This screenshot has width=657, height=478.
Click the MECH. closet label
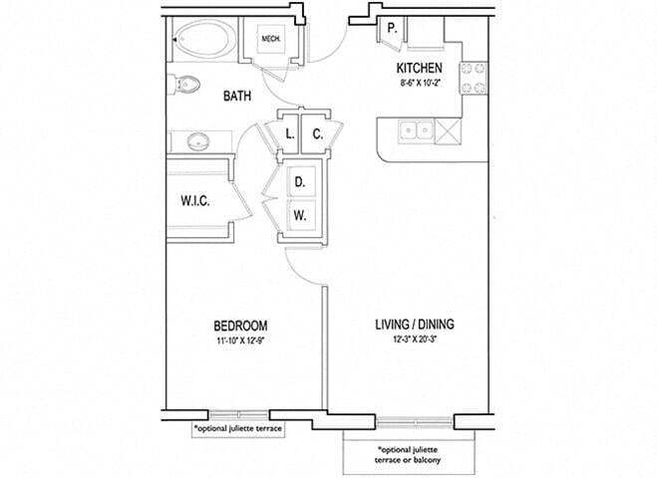coord(270,40)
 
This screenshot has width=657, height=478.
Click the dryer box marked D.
coord(299,183)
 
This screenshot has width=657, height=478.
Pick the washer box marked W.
coord(299,213)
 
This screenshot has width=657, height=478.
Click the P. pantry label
coord(392,29)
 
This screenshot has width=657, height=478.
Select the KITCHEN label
coord(420,68)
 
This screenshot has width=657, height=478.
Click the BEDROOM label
coord(240,326)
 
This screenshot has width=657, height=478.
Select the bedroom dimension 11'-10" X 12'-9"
coord(240,341)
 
